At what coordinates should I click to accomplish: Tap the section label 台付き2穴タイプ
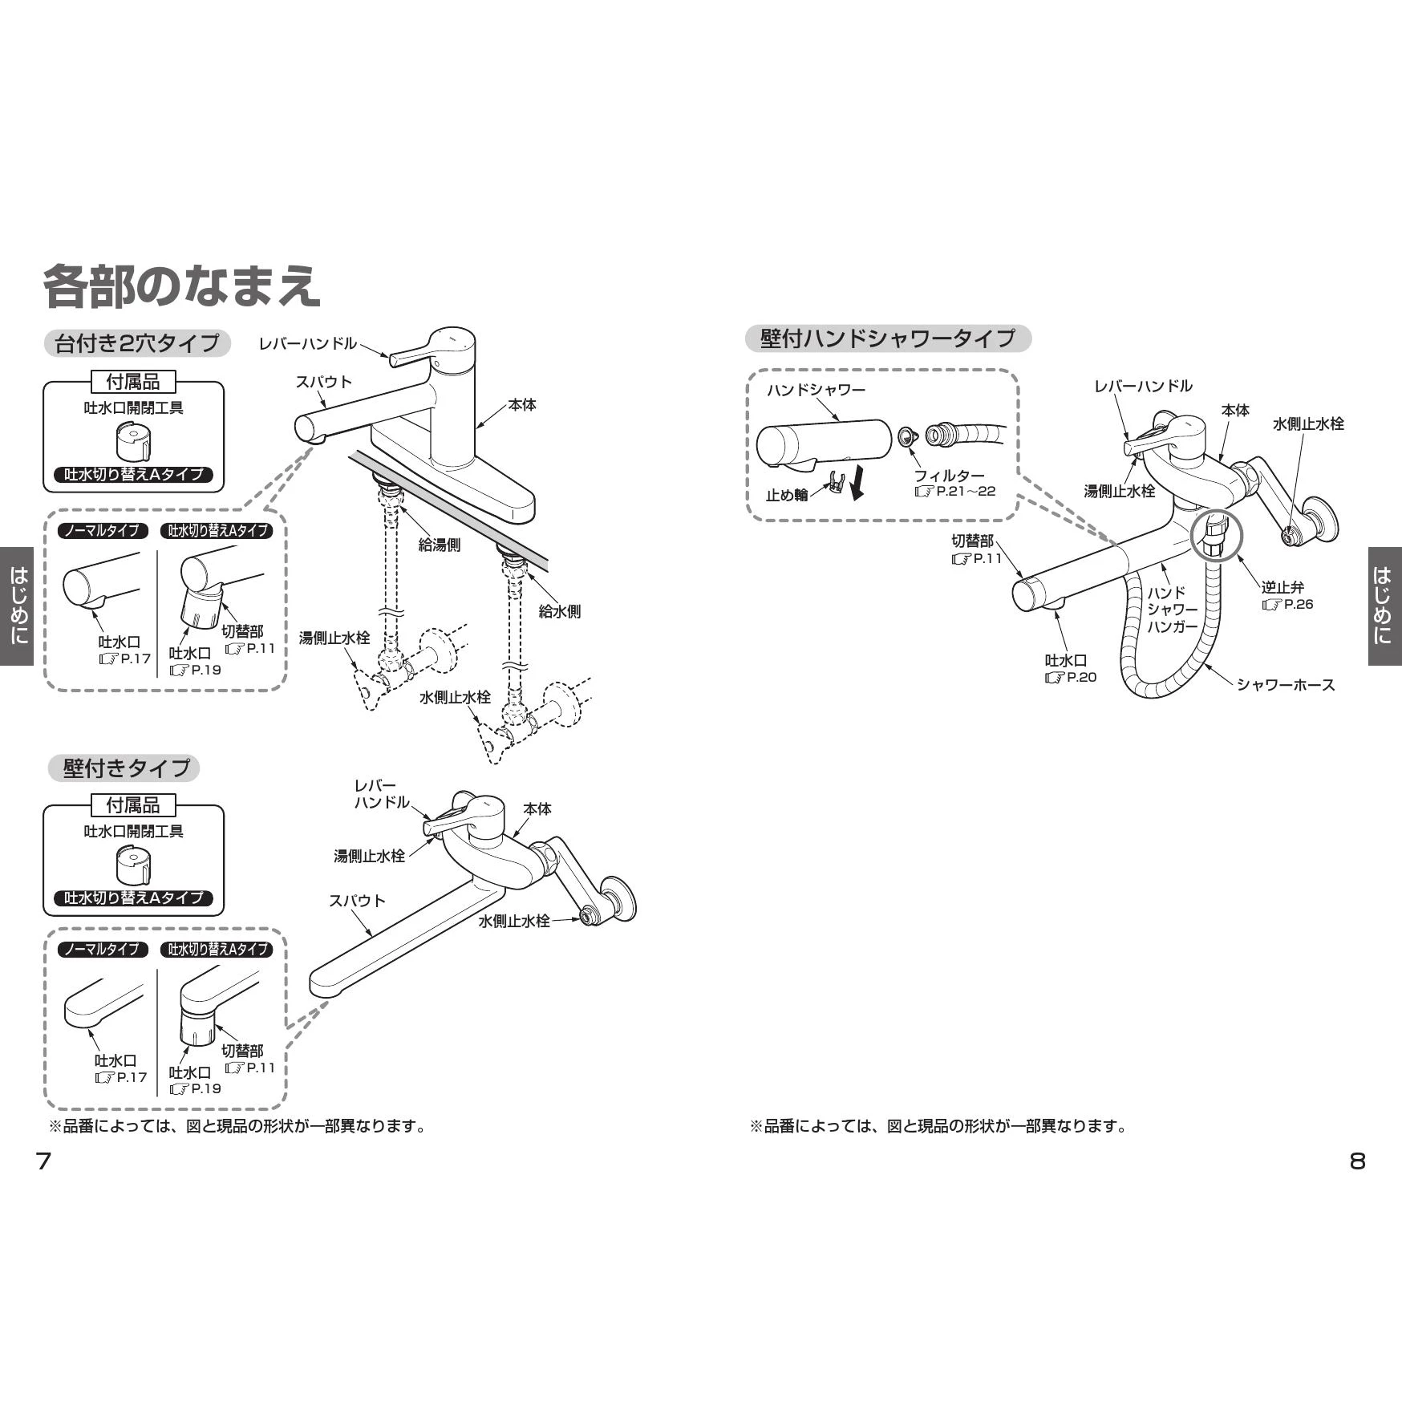[136, 343]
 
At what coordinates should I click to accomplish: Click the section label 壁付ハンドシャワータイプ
[888, 338]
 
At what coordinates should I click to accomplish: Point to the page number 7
[44, 1161]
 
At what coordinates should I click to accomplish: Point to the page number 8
[1357, 1161]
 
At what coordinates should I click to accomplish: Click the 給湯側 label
[440, 545]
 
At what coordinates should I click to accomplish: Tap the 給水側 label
[560, 611]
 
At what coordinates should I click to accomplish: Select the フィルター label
[949, 476]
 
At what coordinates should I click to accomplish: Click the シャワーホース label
[1286, 684]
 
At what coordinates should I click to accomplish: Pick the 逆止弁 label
[1282, 588]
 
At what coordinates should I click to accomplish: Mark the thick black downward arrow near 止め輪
[857, 484]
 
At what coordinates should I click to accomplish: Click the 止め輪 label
[787, 495]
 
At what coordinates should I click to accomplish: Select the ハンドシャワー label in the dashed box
[816, 390]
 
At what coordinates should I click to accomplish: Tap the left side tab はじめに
[17, 606]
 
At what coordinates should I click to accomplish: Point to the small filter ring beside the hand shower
[907, 435]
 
